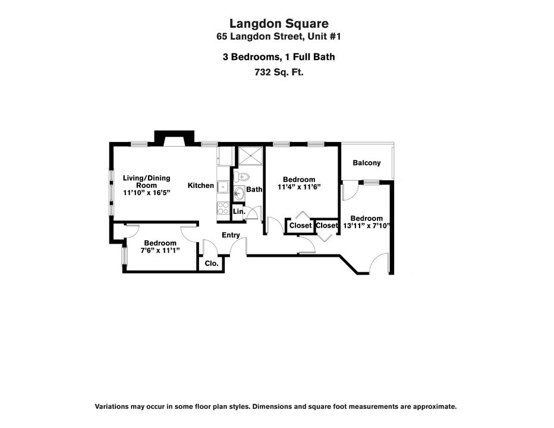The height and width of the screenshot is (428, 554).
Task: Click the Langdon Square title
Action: pyautogui.click(x=279, y=24)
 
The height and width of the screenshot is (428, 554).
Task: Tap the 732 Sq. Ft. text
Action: pyautogui.click(x=279, y=72)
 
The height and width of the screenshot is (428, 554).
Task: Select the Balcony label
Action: pyautogui.click(x=367, y=163)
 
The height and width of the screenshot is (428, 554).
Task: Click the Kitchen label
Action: pyautogui.click(x=201, y=185)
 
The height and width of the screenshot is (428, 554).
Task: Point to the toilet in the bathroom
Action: pyautogui.click(x=242, y=175)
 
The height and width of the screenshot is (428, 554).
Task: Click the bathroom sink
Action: pyautogui.click(x=239, y=193)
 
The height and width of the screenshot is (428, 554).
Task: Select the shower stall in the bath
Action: pyautogui.click(x=250, y=156)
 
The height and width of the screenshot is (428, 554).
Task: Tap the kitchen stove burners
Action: pyautogui.click(x=223, y=208)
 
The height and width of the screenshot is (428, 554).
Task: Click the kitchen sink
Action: pyautogui.click(x=223, y=187)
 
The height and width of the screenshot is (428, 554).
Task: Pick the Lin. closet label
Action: pyautogui.click(x=239, y=212)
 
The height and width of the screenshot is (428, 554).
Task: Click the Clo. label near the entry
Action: pyautogui.click(x=212, y=263)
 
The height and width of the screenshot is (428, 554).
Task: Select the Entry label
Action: pyautogui.click(x=231, y=235)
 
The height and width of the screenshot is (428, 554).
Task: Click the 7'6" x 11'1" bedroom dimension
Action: pyautogui.click(x=160, y=250)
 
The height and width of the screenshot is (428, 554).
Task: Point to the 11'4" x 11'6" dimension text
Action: pyautogui.click(x=299, y=187)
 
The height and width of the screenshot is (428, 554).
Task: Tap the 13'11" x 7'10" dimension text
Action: pyautogui.click(x=366, y=225)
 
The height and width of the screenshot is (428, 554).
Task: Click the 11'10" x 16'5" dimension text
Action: pyautogui.click(x=147, y=193)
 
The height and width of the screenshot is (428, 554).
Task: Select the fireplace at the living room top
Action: pyautogui.click(x=175, y=139)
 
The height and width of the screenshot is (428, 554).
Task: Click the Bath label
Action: pyautogui.click(x=254, y=190)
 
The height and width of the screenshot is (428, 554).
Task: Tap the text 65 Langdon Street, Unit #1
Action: pyautogui.click(x=279, y=36)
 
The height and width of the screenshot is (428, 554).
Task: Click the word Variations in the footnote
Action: pyautogui.click(x=112, y=407)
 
